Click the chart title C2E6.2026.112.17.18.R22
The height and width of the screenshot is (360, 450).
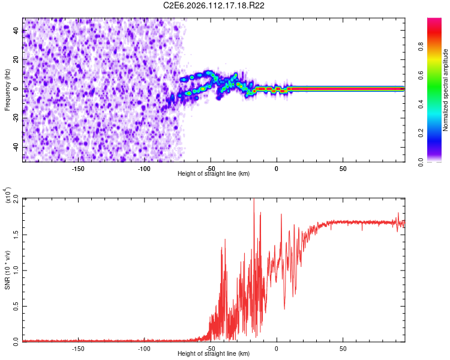pyautogui.click(x=214, y=5)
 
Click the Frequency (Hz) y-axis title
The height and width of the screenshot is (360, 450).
pyautogui.click(x=7, y=89)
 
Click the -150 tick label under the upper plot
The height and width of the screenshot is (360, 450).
pyautogui.click(x=78, y=168)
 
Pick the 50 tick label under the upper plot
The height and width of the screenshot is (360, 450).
pyautogui.click(x=343, y=168)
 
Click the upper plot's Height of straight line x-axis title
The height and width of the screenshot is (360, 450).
pyautogui.click(x=214, y=174)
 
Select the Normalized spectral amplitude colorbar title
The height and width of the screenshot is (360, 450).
pyautogui.click(x=446, y=90)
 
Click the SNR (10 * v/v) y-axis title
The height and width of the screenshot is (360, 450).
pyautogui.click(x=7, y=269)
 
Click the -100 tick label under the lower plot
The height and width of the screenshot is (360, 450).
pyautogui.click(x=144, y=349)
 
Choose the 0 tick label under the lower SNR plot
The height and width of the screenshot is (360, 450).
pyautogui.click(x=277, y=349)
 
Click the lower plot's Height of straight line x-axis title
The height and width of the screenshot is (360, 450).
pyautogui.click(x=214, y=355)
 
